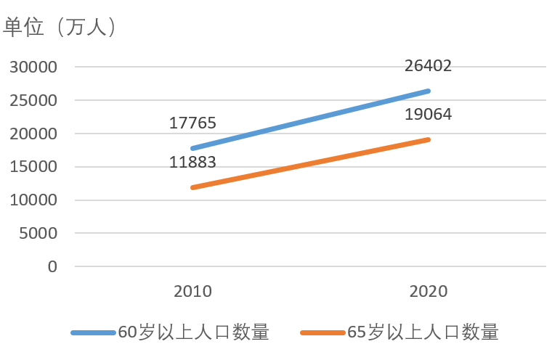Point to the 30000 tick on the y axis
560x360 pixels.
pos(33,67)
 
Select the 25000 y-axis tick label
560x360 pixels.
pos(33,101)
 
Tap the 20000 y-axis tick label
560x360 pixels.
pos(33,134)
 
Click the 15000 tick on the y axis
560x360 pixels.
pos(33,167)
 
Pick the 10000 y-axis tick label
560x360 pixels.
pos(33,200)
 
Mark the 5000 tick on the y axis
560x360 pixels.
pos(37,234)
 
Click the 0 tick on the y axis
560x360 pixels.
pos(52,266)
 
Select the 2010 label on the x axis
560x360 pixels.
pos(192,292)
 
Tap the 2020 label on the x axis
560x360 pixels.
pos(429,292)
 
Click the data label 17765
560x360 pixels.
pos(192,123)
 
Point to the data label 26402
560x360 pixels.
pos(429,66)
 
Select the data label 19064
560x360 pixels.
pos(429,115)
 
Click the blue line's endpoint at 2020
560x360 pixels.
pos(429,91)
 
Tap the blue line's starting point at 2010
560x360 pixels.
pos(192,148)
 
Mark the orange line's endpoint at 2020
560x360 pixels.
pos(429,139)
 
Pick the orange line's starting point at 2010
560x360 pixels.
pos(192,187)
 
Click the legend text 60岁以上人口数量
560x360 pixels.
pos(194,333)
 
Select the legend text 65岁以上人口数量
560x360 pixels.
pos(423,333)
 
